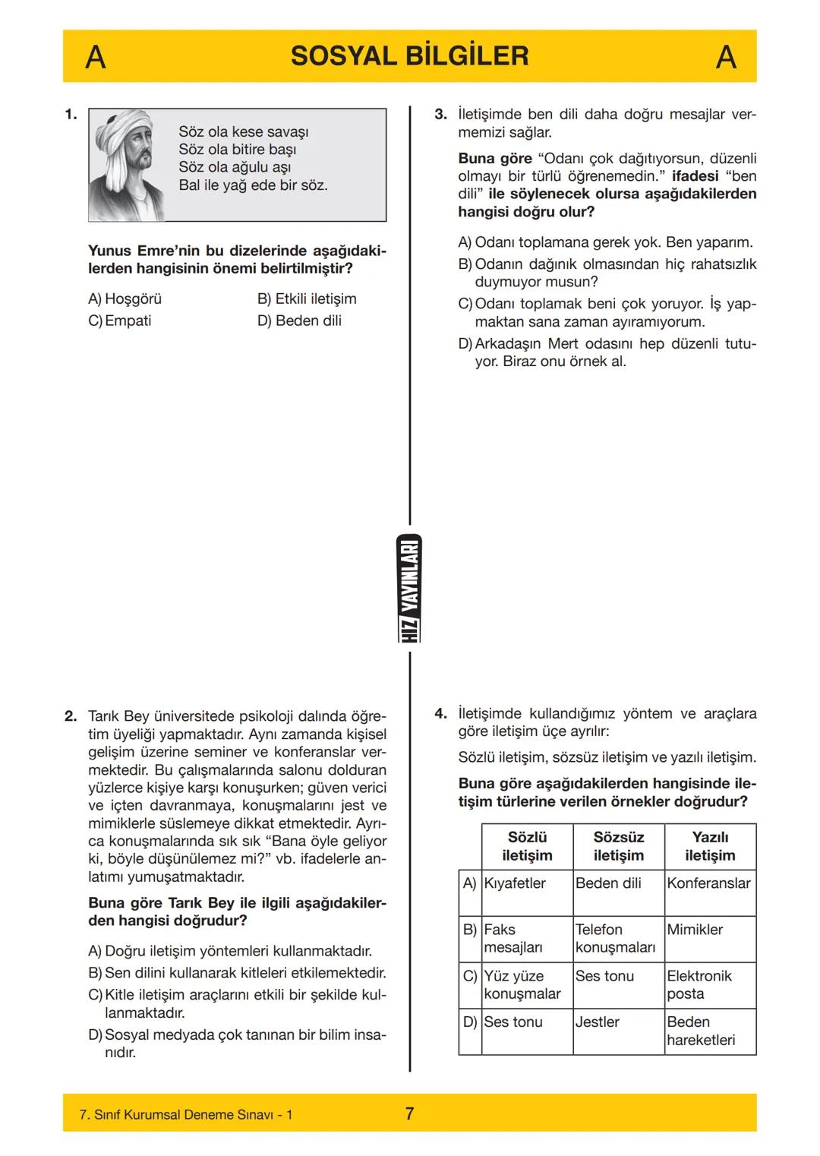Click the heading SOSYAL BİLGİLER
(409, 56)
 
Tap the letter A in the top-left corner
(95, 57)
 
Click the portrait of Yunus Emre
(126, 165)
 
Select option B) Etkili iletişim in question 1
(307, 298)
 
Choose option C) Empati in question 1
(120, 321)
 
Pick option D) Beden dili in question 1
(299, 321)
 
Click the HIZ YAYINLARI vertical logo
(410, 589)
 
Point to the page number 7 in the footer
(409, 1113)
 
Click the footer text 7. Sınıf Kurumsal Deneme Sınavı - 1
(186, 1114)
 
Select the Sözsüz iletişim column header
(618, 846)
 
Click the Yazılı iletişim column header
(710, 846)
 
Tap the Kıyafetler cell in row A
(515, 883)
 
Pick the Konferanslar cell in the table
(708, 883)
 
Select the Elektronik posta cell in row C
(699, 984)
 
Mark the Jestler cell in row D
(597, 1022)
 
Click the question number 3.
(440, 115)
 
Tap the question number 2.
(71, 716)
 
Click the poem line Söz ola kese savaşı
(243, 131)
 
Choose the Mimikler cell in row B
(695, 929)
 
